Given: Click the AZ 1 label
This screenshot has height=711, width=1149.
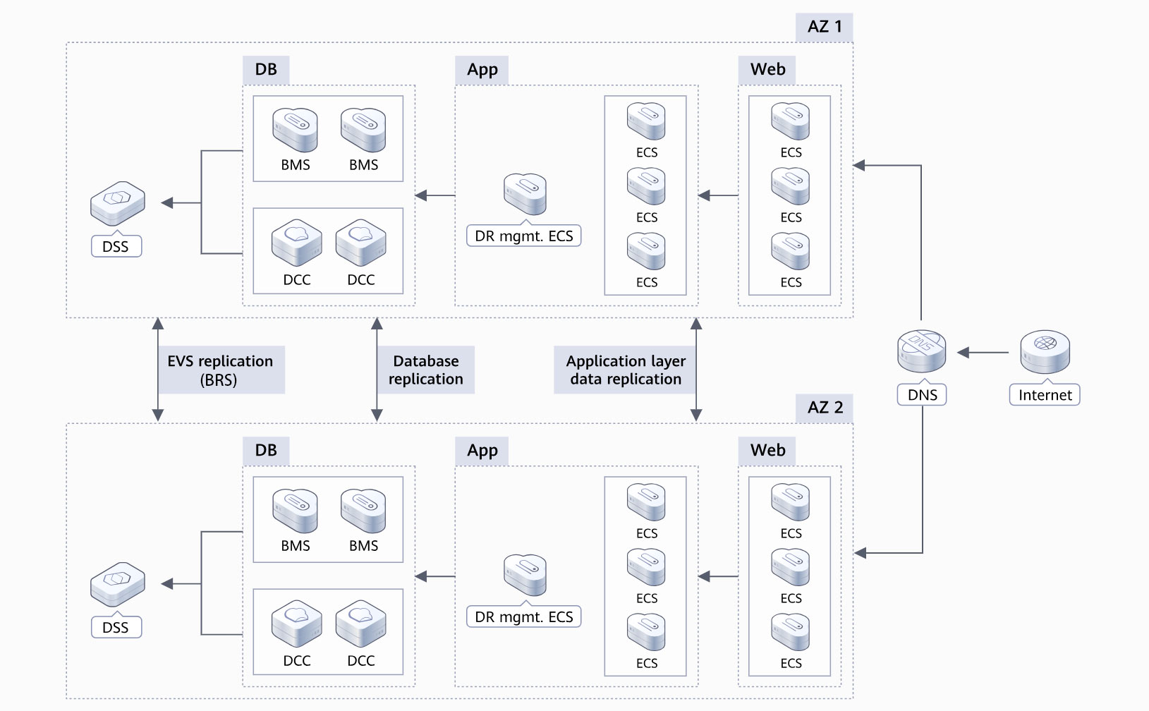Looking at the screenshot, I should pos(824,27).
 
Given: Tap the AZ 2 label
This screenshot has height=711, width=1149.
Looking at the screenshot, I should pos(825,408).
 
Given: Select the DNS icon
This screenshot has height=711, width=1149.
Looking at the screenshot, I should pos(921,351).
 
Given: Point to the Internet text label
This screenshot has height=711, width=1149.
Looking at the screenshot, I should pos(1045,395).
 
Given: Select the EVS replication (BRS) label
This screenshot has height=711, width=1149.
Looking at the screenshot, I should pos(220,370).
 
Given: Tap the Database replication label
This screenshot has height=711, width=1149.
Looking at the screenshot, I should pos(426,370).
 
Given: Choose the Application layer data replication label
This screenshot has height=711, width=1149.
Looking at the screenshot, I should pos(626,370).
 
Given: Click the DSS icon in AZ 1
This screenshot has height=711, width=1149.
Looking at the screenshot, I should pos(118,204).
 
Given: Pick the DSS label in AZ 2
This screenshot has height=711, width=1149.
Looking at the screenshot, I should pos(116,628).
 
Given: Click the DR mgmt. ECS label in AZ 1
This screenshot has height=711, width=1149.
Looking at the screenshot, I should pos(523,236).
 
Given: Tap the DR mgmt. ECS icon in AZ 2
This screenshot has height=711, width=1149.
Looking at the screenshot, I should pos(525,575).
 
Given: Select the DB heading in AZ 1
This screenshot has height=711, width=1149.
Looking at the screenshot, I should pos(266,70).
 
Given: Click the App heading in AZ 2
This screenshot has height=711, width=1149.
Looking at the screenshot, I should pos(482,451).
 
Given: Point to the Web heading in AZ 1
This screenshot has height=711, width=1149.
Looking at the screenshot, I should pos(767,70).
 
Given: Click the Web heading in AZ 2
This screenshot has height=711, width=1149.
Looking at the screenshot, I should pos(767,451).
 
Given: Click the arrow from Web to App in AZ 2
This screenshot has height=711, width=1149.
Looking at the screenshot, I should pos(718,577).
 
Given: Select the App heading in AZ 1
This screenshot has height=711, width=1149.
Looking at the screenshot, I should pos(482,70).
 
